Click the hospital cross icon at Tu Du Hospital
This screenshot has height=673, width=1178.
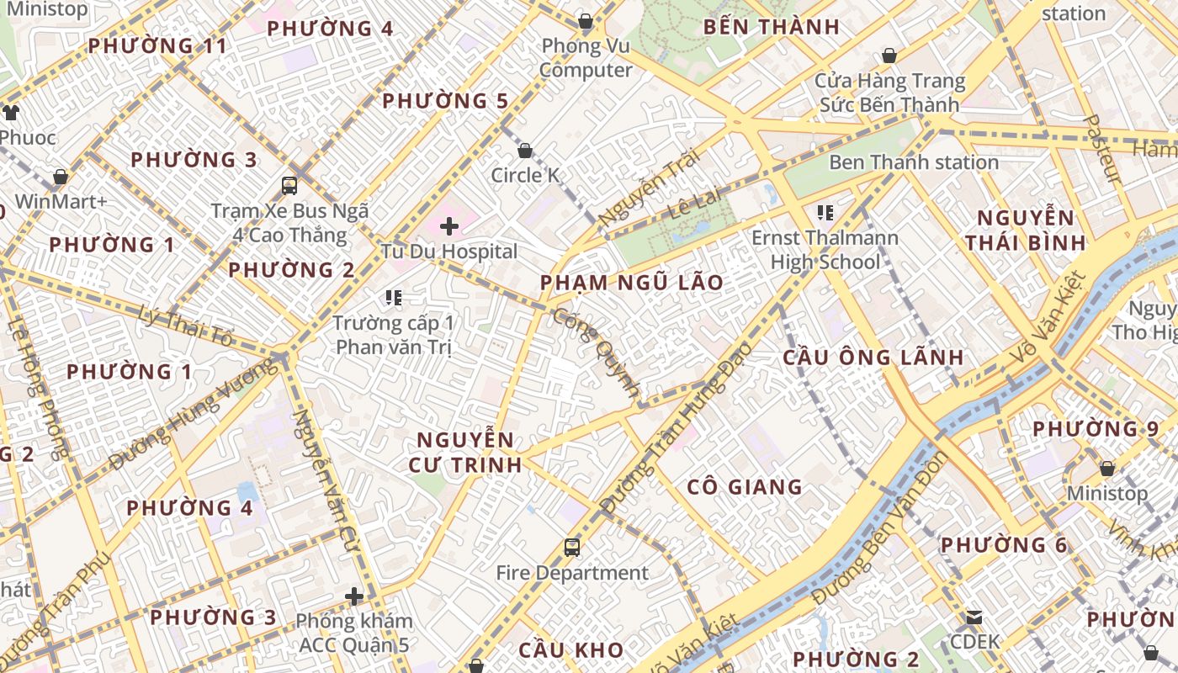point(449,225)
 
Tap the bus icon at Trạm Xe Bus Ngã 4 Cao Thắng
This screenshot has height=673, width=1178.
point(289,185)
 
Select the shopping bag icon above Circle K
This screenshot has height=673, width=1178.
point(525,151)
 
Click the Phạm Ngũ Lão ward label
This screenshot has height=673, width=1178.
point(632,283)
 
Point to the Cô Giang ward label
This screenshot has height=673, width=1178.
point(745,487)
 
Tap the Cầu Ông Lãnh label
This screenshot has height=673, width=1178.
point(873,357)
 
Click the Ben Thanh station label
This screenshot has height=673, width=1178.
point(914,162)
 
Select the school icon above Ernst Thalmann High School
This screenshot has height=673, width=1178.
point(825,212)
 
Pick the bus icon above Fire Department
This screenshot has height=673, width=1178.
point(572,548)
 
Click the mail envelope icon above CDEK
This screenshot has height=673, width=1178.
point(974,617)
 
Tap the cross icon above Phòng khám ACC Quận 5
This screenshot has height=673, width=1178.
point(354,596)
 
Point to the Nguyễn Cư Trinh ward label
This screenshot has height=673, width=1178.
point(465,452)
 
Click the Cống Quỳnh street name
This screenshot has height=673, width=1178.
point(597,352)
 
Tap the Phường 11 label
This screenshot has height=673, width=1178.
point(158,46)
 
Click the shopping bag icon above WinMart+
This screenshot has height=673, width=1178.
point(61,178)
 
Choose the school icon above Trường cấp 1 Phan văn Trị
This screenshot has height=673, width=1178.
point(393,297)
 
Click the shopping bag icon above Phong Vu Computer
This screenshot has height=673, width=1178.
point(585,21)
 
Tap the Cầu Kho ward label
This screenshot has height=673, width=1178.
point(571,650)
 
